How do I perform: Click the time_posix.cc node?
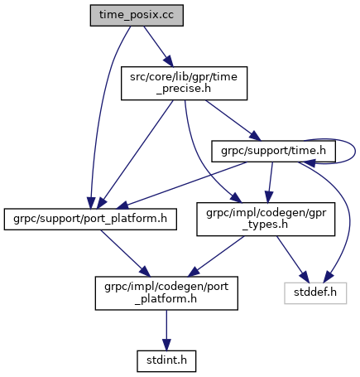click(x=137, y=15)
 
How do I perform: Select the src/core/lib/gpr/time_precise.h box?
click(x=184, y=83)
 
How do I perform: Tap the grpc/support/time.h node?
click(x=273, y=151)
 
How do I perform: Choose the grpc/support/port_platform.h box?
click(x=90, y=219)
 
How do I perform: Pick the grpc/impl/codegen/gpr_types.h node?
click(x=266, y=219)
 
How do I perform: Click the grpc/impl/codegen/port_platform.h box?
click(x=166, y=293)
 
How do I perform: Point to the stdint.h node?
click(x=166, y=361)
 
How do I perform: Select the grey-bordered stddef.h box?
click(x=315, y=293)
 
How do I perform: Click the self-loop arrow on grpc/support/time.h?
click(x=355, y=151)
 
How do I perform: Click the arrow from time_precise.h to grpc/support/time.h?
click(x=233, y=120)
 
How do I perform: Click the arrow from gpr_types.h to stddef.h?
click(x=292, y=259)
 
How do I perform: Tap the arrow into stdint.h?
click(x=166, y=330)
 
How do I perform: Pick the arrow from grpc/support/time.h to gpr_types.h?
click(x=271, y=182)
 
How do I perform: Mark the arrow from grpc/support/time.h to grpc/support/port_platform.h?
click(x=182, y=185)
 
